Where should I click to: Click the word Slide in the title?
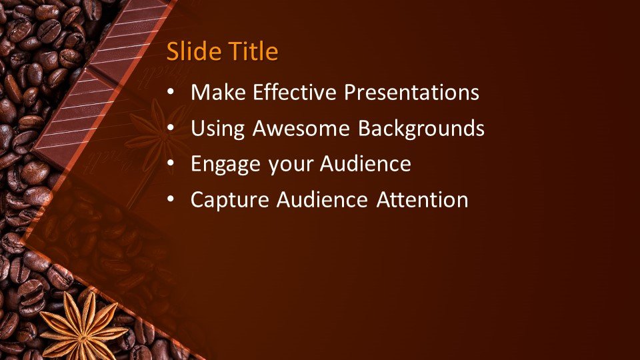click(x=194, y=51)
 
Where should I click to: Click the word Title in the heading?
click(x=253, y=51)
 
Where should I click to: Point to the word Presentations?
click(x=411, y=92)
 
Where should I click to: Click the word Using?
click(x=218, y=129)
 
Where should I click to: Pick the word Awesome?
click(x=301, y=128)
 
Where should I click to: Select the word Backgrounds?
click(x=421, y=129)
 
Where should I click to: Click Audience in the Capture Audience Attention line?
click(x=322, y=199)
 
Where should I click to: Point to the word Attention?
click(x=423, y=199)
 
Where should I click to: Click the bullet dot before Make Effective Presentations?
click(x=171, y=92)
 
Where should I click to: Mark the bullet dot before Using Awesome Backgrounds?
click(x=171, y=128)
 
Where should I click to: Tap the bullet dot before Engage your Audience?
click(x=171, y=164)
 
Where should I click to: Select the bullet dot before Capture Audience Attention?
click(x=171, y=199)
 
